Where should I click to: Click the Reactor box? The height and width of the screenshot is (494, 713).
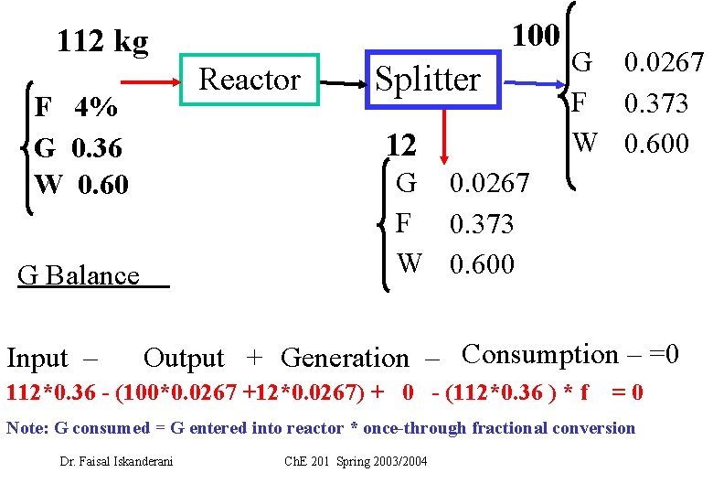click(x=250, y=80)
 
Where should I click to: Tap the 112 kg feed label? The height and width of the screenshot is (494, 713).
click(x=102, y=41)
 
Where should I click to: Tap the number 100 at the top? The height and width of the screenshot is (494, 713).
click(x=535, y=35)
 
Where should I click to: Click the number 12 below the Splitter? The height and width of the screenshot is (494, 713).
click(x=400, y=145)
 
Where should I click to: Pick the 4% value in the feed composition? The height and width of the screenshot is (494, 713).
click(x=96, y=108)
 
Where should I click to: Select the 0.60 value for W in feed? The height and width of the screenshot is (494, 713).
click(x=103, y=184)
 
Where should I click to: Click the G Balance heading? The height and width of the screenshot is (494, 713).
click(x=80, y=275)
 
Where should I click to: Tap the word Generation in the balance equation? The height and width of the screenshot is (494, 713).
click(x=345, y=358)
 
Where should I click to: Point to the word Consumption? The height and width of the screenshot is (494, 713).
click(x=539, y=353)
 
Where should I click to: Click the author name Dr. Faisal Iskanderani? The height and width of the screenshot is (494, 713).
click(x=116, y=461)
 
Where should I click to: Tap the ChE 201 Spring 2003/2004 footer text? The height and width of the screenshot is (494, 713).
click(x=356, y=461)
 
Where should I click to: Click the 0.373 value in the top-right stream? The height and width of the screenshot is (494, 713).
click(x=656, y=103)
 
